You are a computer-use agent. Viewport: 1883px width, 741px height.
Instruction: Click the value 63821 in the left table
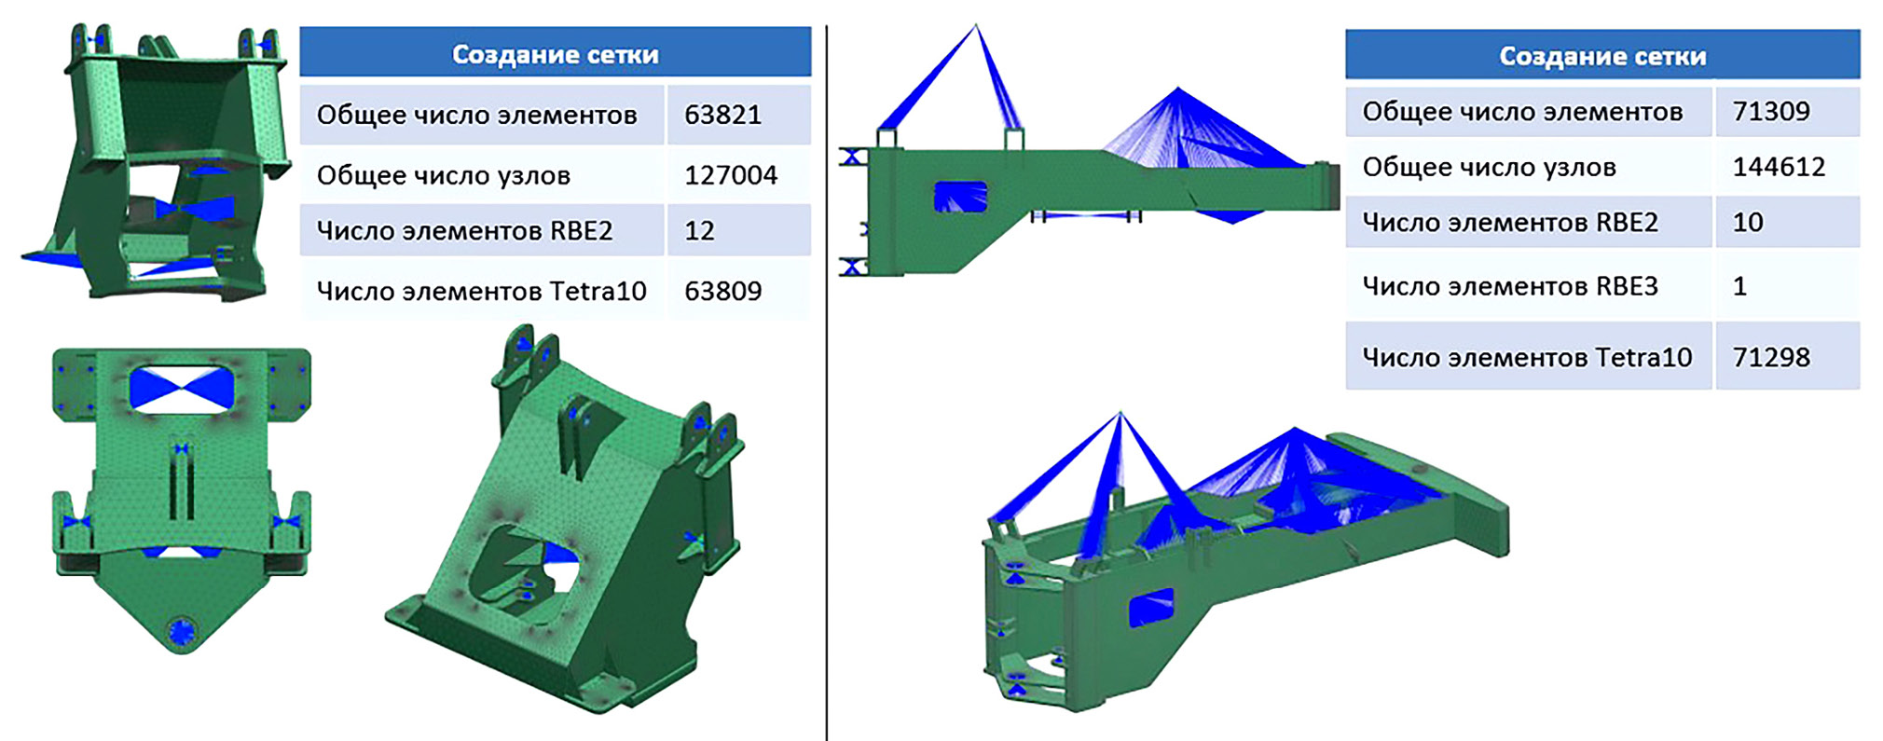click(722, 115)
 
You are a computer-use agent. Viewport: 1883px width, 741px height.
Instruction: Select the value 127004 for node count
click(730, 174)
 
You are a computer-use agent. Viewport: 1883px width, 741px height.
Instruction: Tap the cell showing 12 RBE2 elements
click(699, 230)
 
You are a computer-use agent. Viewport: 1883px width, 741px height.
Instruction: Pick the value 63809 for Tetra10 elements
click(722, 291)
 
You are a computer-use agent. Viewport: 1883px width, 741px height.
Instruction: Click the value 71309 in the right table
click(1771, 111)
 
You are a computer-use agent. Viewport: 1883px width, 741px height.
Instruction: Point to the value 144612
click(1779, 167)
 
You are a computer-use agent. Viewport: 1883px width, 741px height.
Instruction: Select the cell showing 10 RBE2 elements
click(1748, 222)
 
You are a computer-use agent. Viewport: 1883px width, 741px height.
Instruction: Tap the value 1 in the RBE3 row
click(1739, 285)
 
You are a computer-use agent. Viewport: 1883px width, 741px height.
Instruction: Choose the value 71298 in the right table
click(1771, 357)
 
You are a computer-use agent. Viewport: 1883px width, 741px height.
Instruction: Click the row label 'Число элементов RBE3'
click(1510, 285)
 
